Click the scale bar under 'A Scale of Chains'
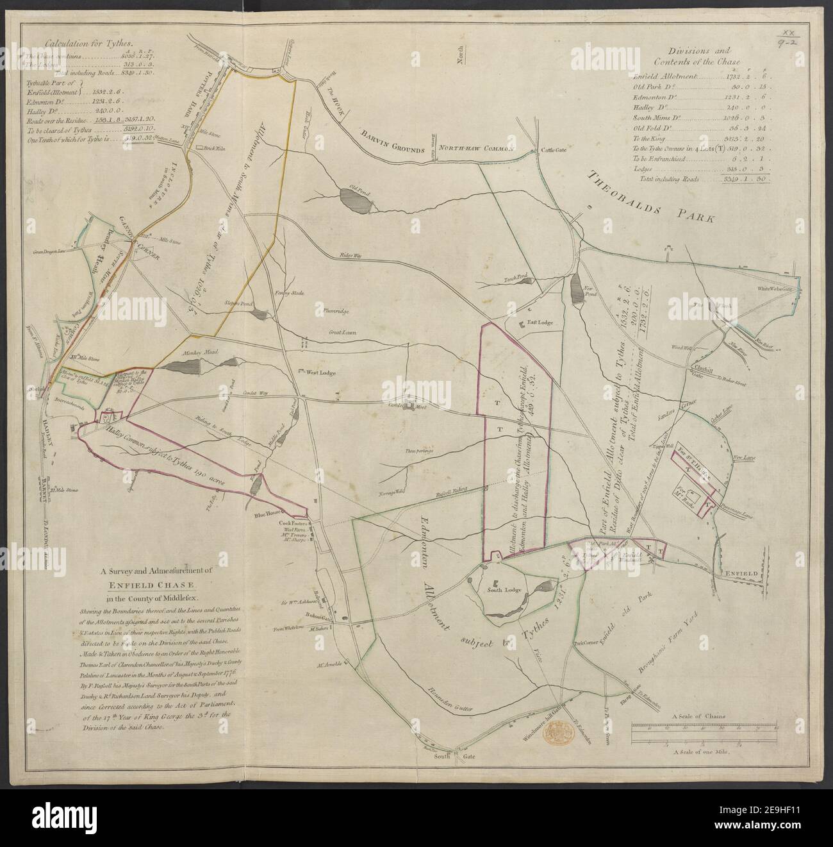point(705,728)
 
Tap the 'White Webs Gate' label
point(777,289)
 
